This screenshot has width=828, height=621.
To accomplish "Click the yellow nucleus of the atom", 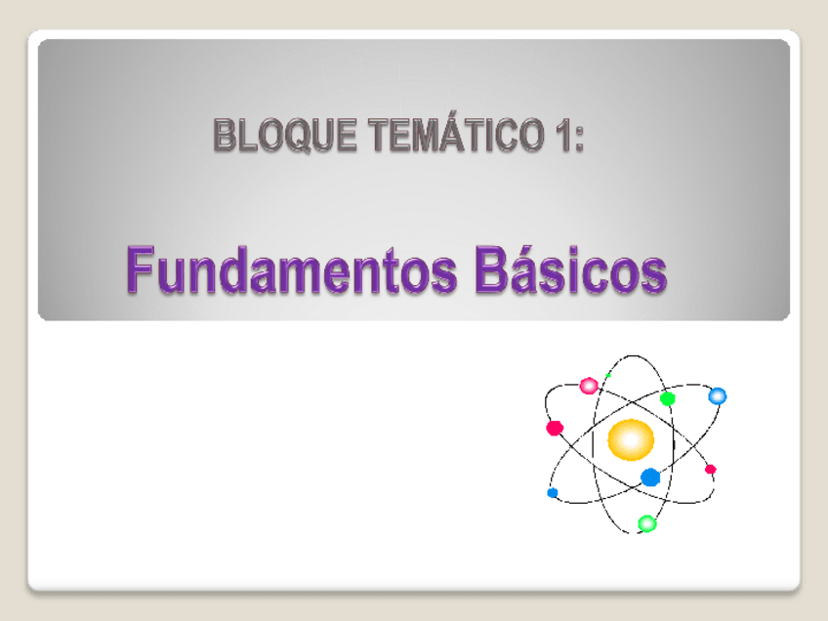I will click(630, 439).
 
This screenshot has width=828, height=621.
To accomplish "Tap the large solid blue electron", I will click(650, 476).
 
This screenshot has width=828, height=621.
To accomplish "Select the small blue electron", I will click(553, 493).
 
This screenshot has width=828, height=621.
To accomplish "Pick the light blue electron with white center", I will click(718, 395).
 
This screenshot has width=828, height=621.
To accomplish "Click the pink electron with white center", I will click(589, 386).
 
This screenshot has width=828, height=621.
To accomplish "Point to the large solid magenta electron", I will click(555, 428).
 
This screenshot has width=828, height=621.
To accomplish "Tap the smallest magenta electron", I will click(711, 470).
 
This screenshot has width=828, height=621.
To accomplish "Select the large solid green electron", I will click(668, 398).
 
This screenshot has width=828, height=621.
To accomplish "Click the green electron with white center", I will click(646, 523).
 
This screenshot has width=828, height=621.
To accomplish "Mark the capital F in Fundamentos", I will click(137, 269).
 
